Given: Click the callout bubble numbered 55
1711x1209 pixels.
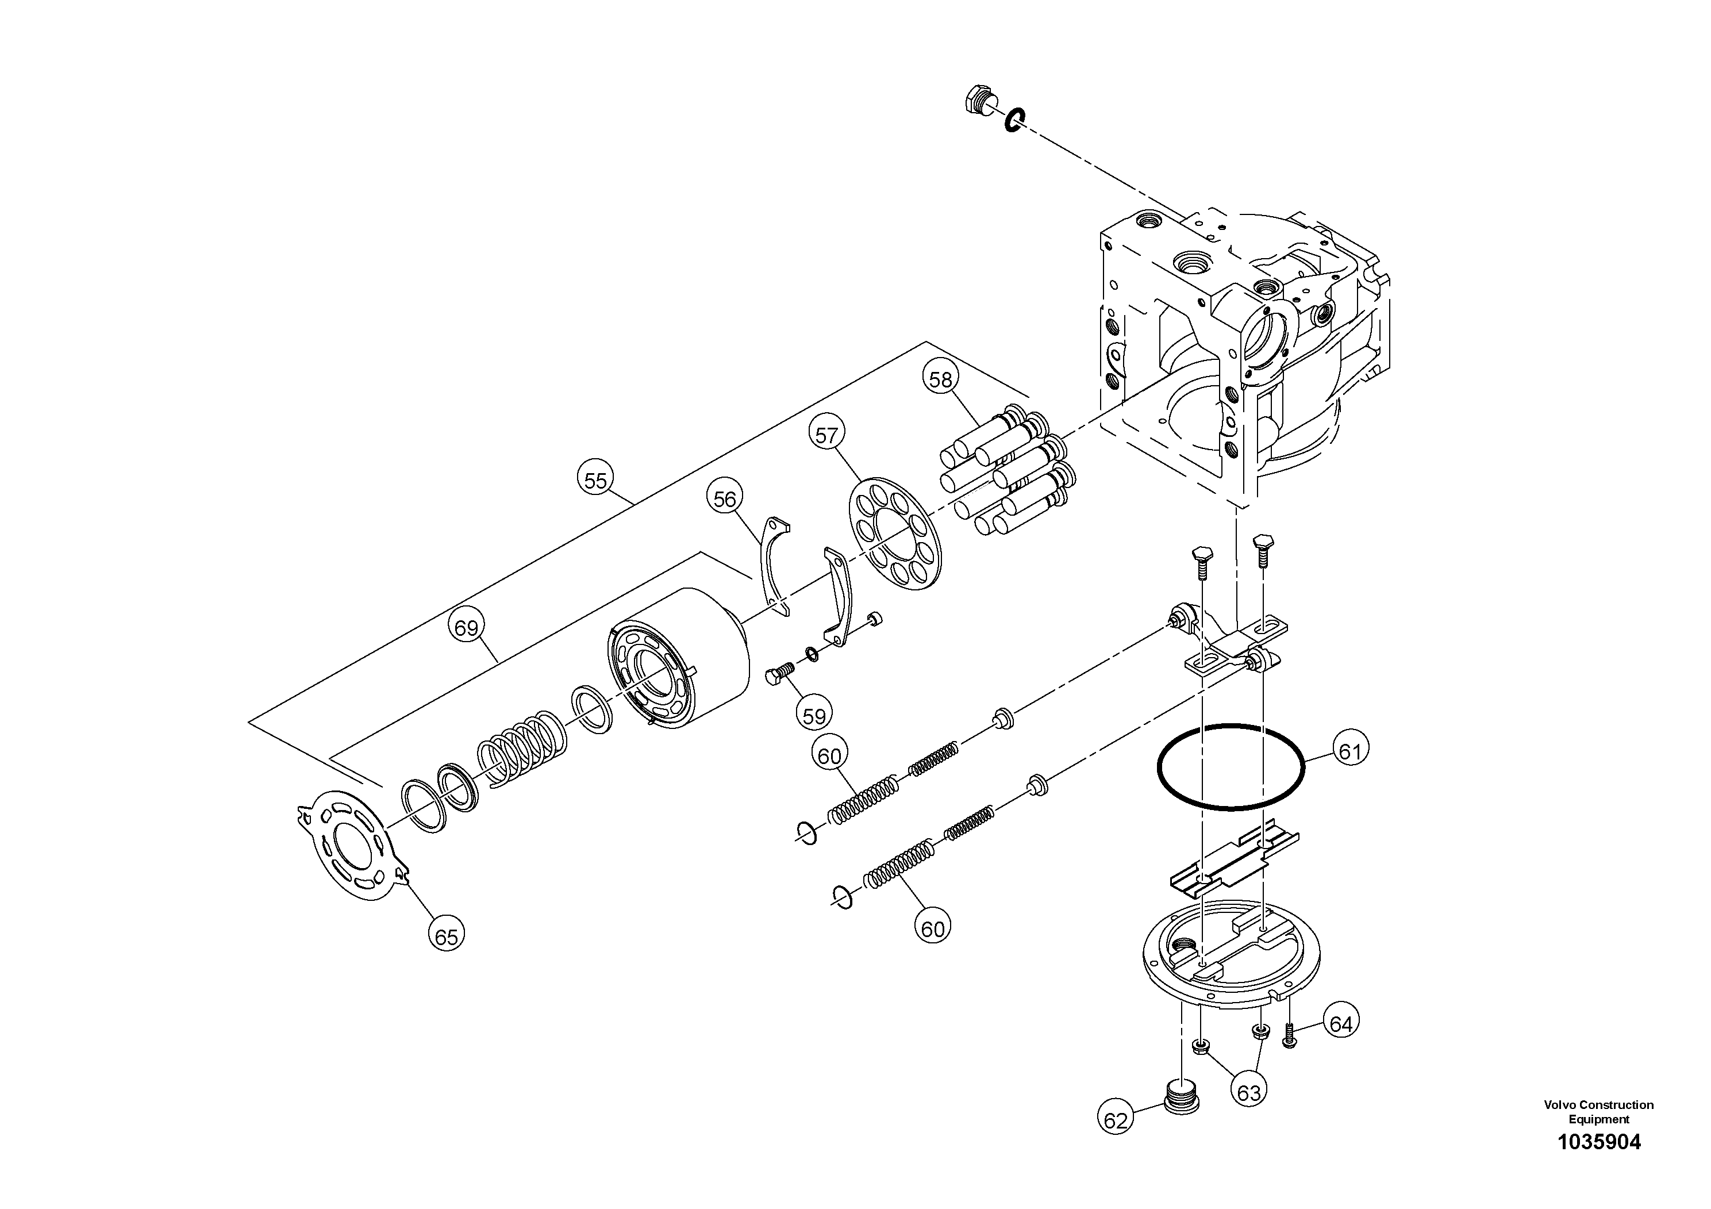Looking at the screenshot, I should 595,480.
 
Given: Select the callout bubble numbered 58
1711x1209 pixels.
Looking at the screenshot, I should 940,379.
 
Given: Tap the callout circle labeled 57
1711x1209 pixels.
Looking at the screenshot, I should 826,435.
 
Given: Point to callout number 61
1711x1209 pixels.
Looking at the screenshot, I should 1349,751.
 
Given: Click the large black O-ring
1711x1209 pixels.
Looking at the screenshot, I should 1231,767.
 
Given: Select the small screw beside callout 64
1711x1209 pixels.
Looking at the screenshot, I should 1291,1035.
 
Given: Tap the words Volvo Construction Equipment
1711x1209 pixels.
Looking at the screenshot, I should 1598,1111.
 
